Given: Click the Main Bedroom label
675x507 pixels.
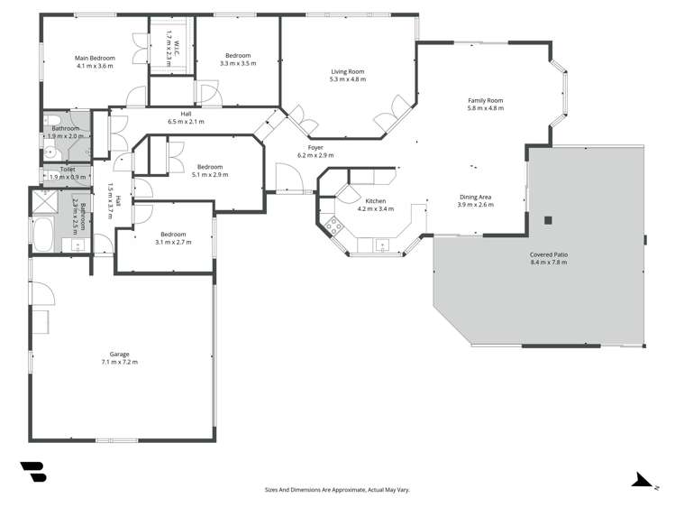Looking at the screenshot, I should click(x=96, y=58).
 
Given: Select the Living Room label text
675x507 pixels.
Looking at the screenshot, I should click(x=347, y=71).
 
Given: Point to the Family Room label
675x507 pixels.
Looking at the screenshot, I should click(x=485, y=100).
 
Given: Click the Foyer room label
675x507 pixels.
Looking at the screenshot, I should click(x=315, y=147).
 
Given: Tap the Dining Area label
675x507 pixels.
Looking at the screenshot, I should click(x=476, y=197).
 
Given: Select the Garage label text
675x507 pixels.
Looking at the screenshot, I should click(x=119, y=354).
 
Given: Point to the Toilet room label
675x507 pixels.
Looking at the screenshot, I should click(x=67, y=169).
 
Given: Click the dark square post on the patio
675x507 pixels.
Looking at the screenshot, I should click(x=547, y=220).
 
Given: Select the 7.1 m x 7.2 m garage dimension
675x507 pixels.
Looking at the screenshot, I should click(x=119, y=362).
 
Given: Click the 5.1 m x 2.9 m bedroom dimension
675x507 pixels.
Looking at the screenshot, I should click(x=210, y=174).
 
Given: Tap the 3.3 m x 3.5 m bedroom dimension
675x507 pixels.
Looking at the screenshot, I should click(x=238, y=64).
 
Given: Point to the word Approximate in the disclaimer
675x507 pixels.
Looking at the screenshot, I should click(x=341, y=489).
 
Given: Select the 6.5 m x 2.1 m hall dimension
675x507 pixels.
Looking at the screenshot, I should click(x=186, y=122).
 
